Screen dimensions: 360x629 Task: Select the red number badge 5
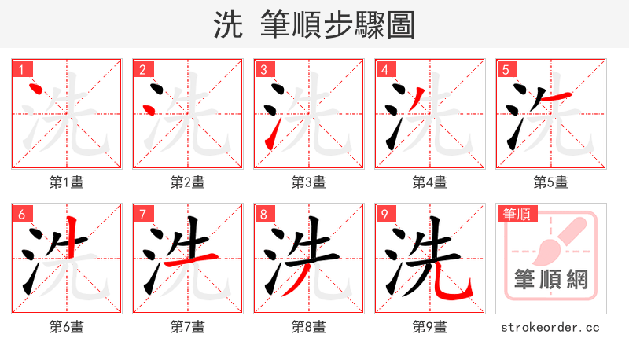(x=506, y=69)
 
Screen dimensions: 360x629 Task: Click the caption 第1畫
(x=66, y=182)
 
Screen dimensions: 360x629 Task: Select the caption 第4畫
(x=429, y=182)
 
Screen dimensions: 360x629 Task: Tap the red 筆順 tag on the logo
(x=515, y=213)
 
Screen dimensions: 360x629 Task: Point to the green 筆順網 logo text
(x=550, y=279)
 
